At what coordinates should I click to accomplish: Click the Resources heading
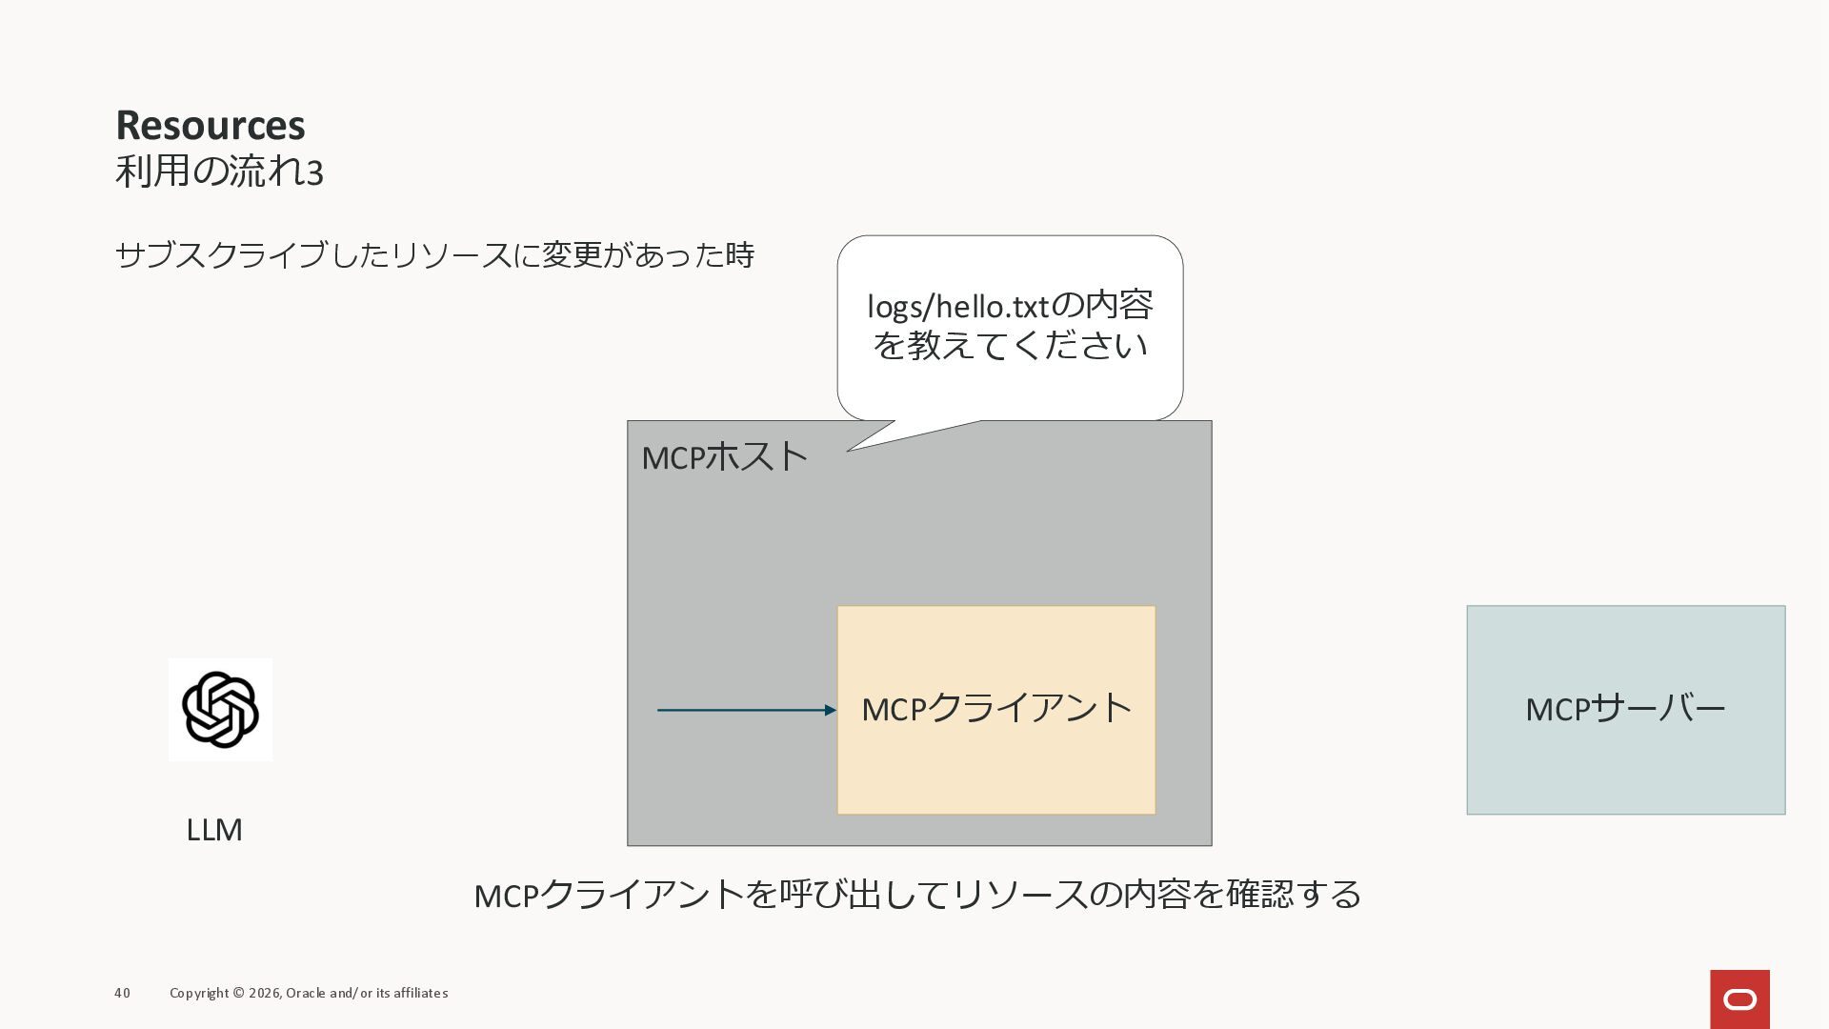(x=211, y=125)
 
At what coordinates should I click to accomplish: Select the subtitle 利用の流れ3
(x=219, y=171)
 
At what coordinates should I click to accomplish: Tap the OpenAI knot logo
(x=220, y=710)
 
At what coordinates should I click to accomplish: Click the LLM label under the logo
(x=214, y=830)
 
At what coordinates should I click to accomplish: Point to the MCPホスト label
(x=724, y=457)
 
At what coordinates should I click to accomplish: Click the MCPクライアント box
(x=995, y=710)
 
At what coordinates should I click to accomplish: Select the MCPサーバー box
(x=1625, y=710)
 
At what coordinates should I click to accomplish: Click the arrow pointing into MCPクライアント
(x=743, y=710)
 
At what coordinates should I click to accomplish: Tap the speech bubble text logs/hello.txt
(x=956, y=307)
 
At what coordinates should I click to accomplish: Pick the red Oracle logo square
(x=1739, y=999)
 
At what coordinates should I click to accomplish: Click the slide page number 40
(x=122, y=993)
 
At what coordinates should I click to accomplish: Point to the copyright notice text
(x=309, y=993)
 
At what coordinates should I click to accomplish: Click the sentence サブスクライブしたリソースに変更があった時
(x=434, y=255)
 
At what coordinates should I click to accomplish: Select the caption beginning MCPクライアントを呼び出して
(x=917, y=895)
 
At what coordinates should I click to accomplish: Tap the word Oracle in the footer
(x=306, y=993)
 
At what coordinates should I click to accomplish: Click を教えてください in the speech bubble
(x=1010, y=345)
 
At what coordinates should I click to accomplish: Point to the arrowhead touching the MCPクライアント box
(x=830, y=710)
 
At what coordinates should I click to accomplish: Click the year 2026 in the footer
(x=264, y=993)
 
